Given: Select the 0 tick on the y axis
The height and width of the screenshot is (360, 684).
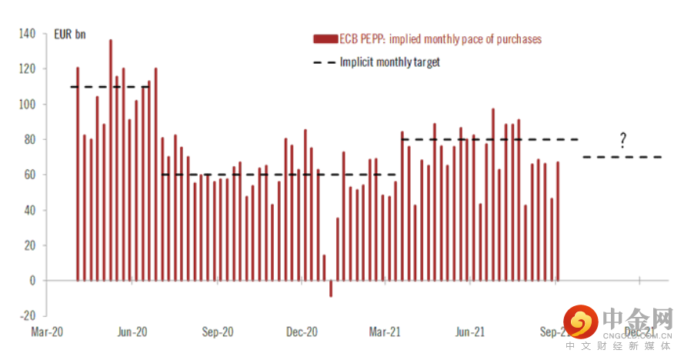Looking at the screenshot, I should [x=32, y=281].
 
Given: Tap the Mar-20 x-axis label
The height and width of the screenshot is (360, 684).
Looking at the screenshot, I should [x=47, y=332].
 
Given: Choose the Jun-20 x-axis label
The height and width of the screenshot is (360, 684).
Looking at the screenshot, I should [x=132, y=332].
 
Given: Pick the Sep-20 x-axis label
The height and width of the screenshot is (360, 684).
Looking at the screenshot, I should [x=218, y=332].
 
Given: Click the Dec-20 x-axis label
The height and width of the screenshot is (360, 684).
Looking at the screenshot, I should [x=302, y=332].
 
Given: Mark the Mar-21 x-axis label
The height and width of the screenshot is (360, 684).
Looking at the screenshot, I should [x=385, y=332].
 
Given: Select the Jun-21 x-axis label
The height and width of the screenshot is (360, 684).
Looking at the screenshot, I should [x=470, y=332].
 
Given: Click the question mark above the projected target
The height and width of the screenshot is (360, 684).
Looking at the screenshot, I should [x=623, y=140].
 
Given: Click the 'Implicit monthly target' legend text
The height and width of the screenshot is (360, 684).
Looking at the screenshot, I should [x=390, y=62].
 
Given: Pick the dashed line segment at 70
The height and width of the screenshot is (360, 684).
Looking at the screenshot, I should [x=623, y=157].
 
